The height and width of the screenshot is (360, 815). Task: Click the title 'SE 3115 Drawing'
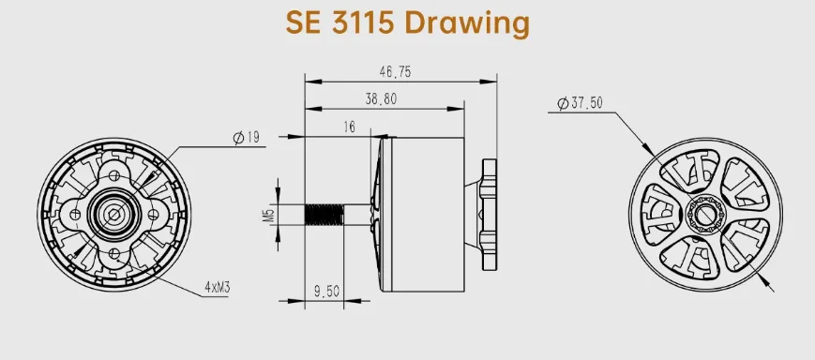(x=407, y=23)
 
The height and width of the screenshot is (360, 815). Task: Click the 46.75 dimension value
(x=395, y=71)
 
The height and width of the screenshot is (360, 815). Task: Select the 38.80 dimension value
(x=381, y=99)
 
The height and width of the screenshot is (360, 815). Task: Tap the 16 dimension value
(x=349, y=127)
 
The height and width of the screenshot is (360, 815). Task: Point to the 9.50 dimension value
(x=326, y=292)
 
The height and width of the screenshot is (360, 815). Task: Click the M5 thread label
(x=268, y=215)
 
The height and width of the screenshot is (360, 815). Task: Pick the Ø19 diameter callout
(x=247, y=138)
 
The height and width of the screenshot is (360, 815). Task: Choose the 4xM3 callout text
(x=218, y=287)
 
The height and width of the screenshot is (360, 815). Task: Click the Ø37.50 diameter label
(x=580, y=103)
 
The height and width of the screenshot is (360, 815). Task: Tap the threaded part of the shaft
(x=323, y=215)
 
